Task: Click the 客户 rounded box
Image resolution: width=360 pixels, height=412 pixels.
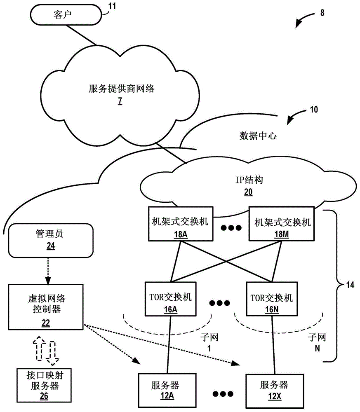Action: click(x=66, y=15)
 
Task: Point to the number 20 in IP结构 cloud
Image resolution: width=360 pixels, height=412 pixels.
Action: click(x=248, y=191)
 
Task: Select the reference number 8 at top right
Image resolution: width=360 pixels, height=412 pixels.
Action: click(x=322, y=12)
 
